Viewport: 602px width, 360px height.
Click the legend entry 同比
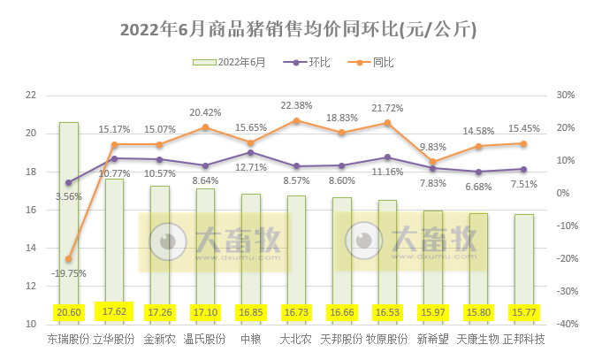[x=383, y=62]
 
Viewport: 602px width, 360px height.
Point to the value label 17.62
[x=114, y=313]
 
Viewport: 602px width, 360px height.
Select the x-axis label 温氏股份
[x=205, y=339]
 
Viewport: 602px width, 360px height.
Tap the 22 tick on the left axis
[x=31, y=96]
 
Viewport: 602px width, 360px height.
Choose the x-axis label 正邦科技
[x=522, y=339]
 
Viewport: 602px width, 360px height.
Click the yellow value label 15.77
[x=522, y=313]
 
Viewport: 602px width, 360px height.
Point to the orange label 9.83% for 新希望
[x=432, y=147]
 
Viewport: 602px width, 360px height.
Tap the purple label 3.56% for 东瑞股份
[x=68, y=196]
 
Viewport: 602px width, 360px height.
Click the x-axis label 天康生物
[x=477, y=339]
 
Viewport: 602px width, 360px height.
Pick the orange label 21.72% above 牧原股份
[x=387, y=108]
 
